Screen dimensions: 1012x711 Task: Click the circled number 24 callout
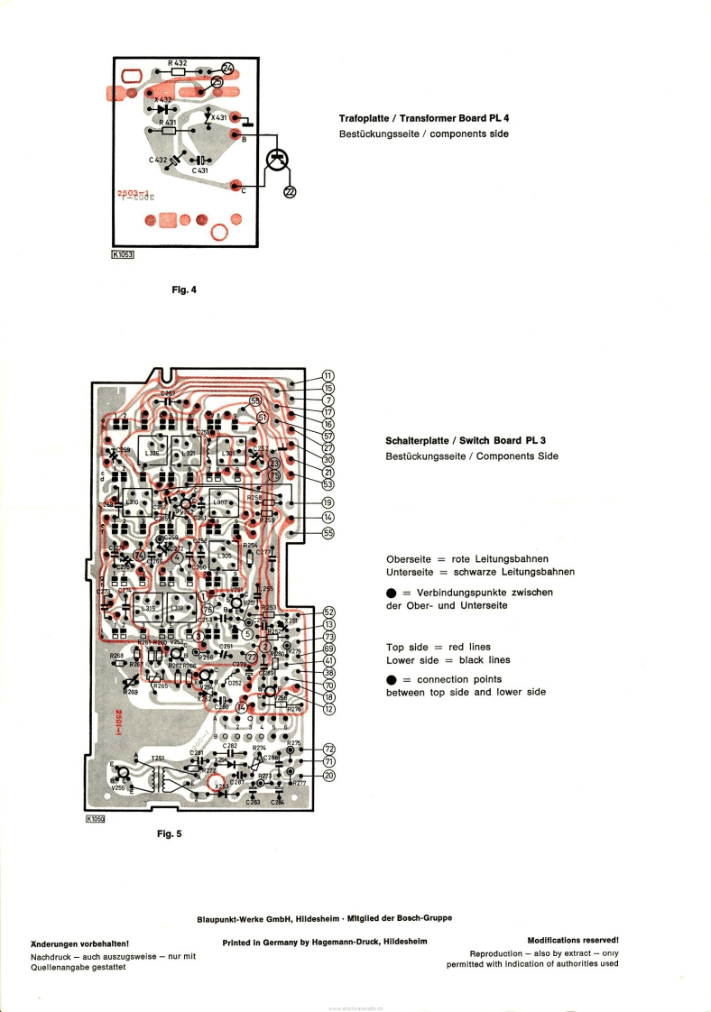pos(226,69)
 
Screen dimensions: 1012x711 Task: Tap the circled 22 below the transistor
pos(290,190)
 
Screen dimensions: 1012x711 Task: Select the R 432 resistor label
pos(177,62)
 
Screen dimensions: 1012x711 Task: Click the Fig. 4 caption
pos(184,290)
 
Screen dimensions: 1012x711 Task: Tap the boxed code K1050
pos(96,819)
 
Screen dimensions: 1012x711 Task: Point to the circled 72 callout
pos(329,749)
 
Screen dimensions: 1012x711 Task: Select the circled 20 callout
pos(329,776)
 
